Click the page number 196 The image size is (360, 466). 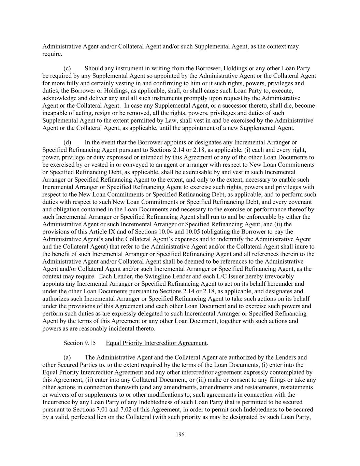point(180,434)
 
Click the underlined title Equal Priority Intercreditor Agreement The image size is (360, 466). point(156,343)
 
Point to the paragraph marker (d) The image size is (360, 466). point(67,142)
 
